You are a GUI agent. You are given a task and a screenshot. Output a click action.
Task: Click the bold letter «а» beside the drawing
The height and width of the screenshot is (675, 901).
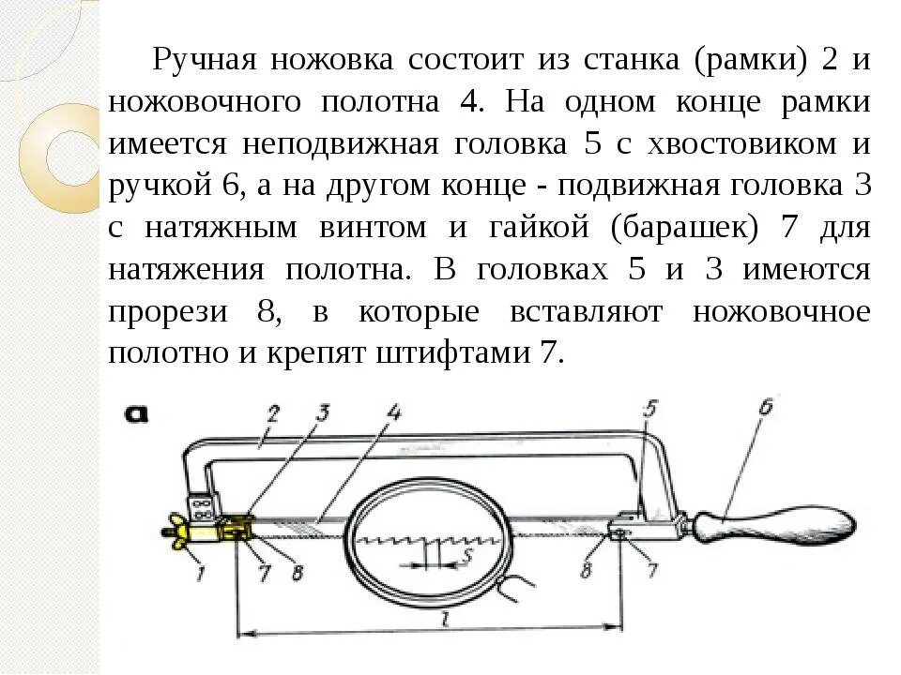tap(137, 414)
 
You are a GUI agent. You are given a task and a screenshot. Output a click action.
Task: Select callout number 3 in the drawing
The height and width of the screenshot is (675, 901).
tap(322, 413)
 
